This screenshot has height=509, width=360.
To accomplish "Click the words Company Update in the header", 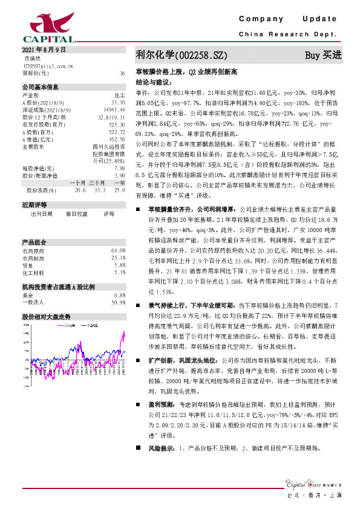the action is click(x=291, y=20).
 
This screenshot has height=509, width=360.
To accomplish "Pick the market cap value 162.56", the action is click(x=116, y=138).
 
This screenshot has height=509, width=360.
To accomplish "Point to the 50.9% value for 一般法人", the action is click(x=117, y=302).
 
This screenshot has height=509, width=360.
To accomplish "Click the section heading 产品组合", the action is click(x=33, y=225).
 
